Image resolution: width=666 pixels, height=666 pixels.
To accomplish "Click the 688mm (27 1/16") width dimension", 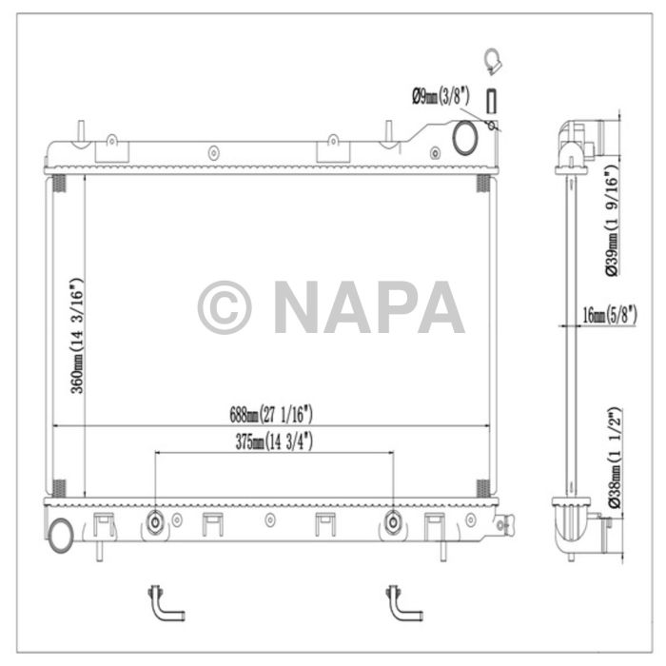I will (x=270, y=414).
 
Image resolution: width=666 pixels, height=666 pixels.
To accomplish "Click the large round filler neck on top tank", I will (x=466, y=138).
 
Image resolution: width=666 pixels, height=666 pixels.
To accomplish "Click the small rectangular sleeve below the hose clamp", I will (x=492, y=101).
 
